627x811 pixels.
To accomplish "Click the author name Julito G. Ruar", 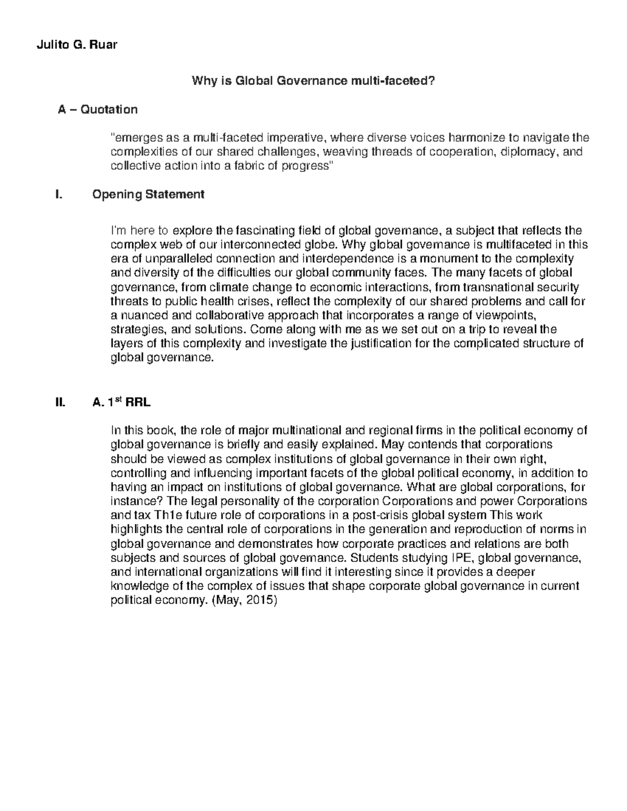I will tap(77, 44).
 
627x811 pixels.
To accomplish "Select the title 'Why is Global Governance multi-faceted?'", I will tap(313, 81).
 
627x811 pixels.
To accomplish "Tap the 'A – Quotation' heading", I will tap(98, 110).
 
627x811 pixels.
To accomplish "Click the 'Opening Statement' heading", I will tap(148, 195).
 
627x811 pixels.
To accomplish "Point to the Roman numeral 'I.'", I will tap(58, 195).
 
